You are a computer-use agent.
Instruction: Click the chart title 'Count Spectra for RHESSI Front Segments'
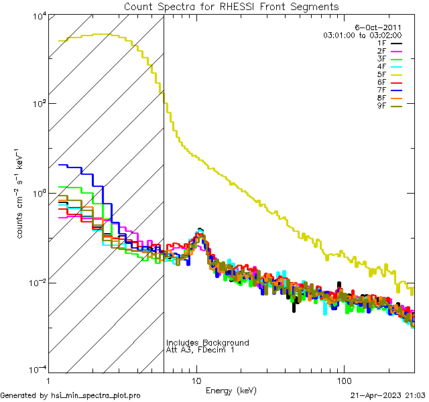click(231, 6)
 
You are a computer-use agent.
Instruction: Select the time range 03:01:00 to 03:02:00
click(363, 35)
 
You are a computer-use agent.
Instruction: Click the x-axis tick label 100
click(343, 381)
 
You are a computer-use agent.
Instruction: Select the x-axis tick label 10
click(196, 381)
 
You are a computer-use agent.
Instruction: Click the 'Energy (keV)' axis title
click(231, 390)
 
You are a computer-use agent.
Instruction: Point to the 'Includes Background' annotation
click(208, 343)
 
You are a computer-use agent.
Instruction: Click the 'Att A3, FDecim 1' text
click(200, 350)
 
